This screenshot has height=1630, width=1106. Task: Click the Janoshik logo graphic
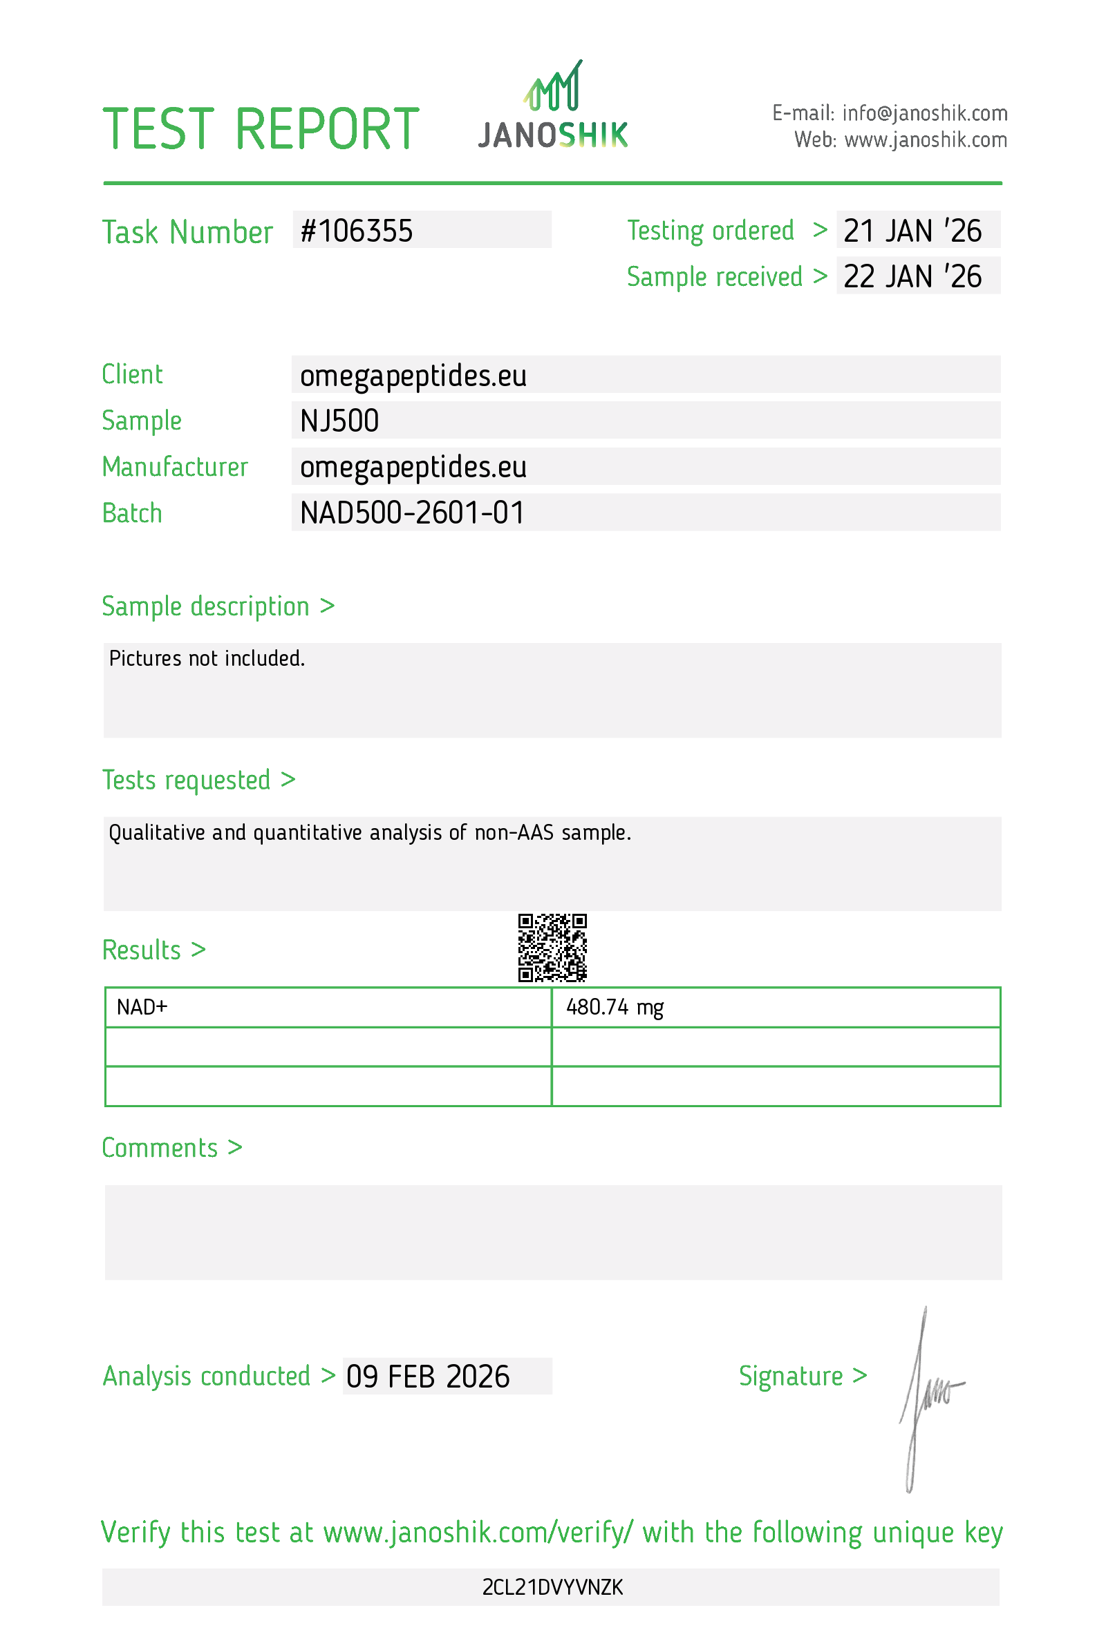tap(553, 105)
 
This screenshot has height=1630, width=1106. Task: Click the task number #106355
tap(357, 231)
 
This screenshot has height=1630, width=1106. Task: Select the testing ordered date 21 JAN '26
tap(912, 231)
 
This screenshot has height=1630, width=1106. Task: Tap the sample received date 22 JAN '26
tap(912, 277)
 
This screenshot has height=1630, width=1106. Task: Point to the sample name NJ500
tap(339, 421)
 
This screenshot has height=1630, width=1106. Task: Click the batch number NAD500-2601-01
tap(412, 512)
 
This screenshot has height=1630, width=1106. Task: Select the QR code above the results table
tap(552, 947)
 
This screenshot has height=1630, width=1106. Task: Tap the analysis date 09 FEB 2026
tap(428, 1377)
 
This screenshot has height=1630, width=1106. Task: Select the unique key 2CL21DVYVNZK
tap(552, 1586)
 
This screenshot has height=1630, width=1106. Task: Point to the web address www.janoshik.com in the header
tap(925, 140)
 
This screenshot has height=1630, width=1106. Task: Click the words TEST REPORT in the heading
tap(261, 130)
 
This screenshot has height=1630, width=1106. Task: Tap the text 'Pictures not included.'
tap(207, 659)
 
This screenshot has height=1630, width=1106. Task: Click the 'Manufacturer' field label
tap(175, 467)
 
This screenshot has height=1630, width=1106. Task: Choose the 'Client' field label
tap(132, 374)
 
